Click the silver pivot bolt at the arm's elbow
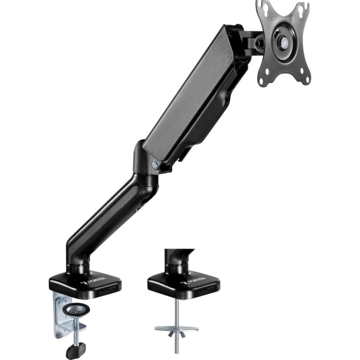[x=155, y=163]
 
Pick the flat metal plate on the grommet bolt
[x=176, y=328]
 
